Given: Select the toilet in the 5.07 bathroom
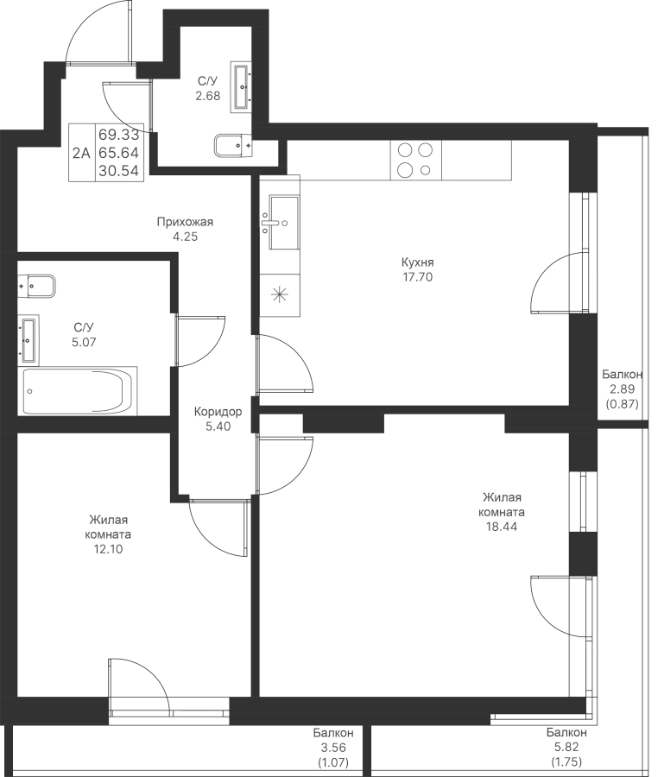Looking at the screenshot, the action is pos(36,286).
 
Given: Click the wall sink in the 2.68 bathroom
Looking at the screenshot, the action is pos(242,87).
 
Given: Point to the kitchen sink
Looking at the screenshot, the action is pos(280,222).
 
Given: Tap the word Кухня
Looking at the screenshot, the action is pos(418,262).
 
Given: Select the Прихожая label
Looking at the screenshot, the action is pos(185,222).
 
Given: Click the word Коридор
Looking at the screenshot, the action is pos(218,411).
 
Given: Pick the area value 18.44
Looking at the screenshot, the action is pos(502,527).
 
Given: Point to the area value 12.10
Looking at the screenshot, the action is pos(108,549).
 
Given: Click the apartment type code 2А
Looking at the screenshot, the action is pos(81,153).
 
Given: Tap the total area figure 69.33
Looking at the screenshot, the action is pos(119,135).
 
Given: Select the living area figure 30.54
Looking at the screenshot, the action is pos(119,171).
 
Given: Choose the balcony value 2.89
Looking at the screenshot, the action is pos(622,389).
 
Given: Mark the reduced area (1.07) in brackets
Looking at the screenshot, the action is pos(332,761).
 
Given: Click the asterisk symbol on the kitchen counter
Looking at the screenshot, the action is pos(280,295).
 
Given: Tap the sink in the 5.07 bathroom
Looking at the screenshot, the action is pos(28,340).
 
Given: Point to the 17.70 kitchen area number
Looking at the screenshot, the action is pos(418,277).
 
